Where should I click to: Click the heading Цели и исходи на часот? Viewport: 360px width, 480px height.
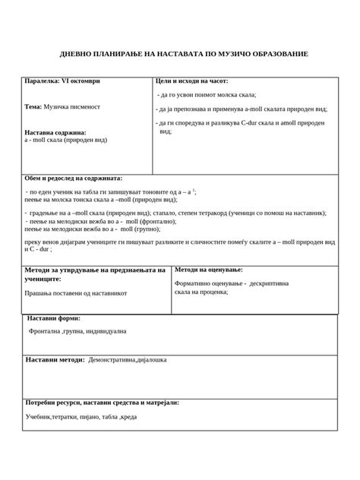(x=191, y=81)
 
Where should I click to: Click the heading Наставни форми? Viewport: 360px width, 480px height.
(x=54, y=318)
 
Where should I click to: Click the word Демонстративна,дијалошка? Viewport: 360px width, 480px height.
(x=128, y=359)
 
